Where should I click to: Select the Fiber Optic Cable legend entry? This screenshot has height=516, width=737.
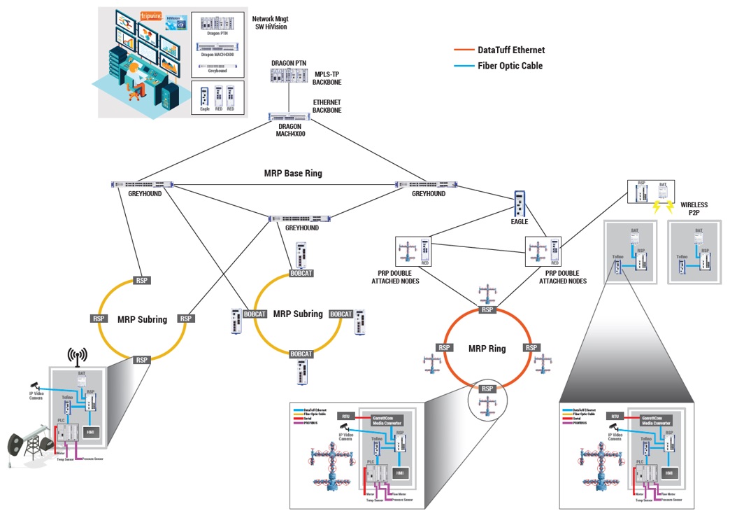tap(510, 66)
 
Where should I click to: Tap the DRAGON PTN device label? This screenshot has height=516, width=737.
tap(289, 63)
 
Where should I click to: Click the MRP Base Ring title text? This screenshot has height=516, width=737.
tap(292, 173)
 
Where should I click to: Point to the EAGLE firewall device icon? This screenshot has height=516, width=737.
tap(520, 205)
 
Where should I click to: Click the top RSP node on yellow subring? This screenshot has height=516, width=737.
tap(143, 280)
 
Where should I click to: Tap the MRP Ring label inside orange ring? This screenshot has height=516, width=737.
tap(487, 348)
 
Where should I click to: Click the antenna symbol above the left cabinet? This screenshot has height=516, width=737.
tap(76, 356)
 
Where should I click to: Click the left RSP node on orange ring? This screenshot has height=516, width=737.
tap(444, 347)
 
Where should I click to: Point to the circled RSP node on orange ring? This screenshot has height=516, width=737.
tap(487, 389)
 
